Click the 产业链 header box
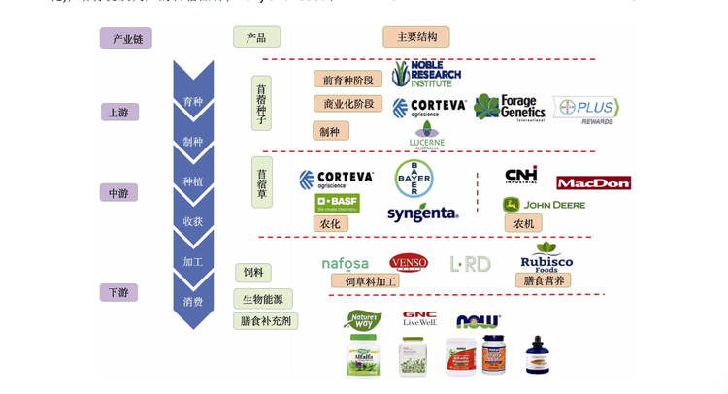[126, 39]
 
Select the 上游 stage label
[119, 113]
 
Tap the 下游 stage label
[118, 292]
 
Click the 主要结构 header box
[416, 37]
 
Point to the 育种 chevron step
[193, 101]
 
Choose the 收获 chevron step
[193, 221]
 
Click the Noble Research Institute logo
[426, 74]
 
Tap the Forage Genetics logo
[510, 107]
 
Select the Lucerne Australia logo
[427, 136]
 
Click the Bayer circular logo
[414, 179]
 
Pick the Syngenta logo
[422, 213]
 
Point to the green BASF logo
[337, 204]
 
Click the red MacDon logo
[593, 182]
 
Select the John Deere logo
[544, 205]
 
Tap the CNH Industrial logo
[521, 175]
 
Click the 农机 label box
[523, 223]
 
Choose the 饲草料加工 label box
[365, 281]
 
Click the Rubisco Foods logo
[546, 258]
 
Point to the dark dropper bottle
[537, 356]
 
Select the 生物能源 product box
[263, 298]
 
